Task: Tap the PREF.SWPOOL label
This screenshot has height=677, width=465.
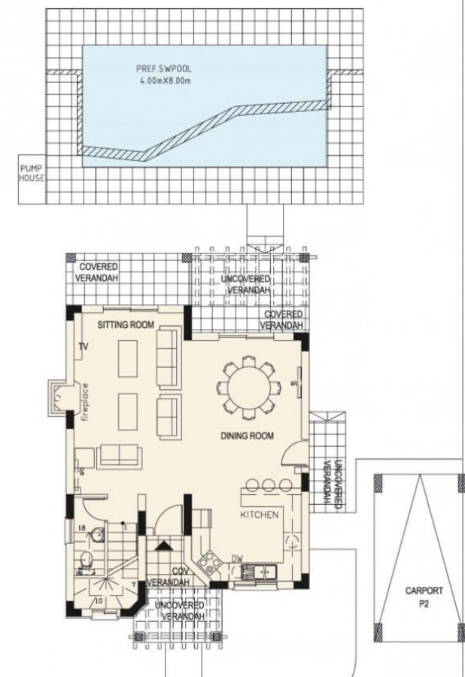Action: (x=156, y=68)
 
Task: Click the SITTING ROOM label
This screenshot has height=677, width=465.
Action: (x=126, y=324)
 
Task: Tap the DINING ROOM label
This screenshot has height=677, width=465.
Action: (x=246, y=436)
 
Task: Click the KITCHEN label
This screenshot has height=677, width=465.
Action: (x=260, y=515)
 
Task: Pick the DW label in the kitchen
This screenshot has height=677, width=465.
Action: (x=237, y=558)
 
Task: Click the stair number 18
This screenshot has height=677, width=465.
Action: (x=81, y=528)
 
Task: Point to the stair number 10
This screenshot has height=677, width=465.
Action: (x=99, y=601)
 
